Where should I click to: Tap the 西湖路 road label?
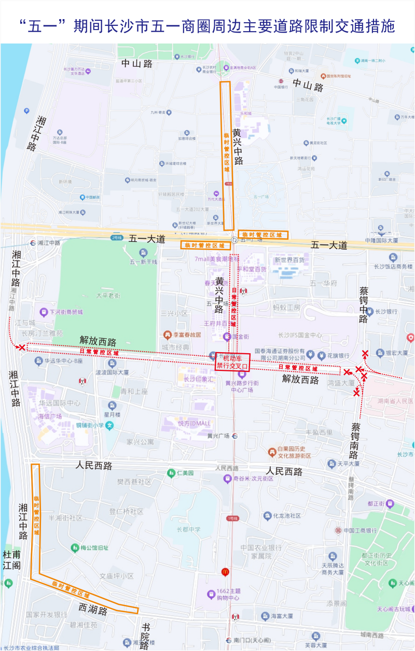[93, 609]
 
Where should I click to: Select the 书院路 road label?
[145, 636]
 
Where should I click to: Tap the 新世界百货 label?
[289, 259]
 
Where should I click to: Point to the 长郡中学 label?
[188, 529]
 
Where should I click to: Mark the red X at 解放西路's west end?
[21, 348]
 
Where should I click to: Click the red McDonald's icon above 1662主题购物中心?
[225, 572]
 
